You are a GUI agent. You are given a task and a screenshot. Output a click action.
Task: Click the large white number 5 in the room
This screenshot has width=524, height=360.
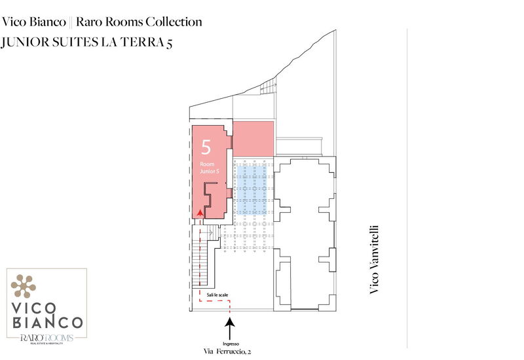206,146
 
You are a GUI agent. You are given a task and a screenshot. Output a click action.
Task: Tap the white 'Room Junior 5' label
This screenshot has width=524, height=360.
207,167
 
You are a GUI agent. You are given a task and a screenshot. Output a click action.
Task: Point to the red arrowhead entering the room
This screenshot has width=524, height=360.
199,212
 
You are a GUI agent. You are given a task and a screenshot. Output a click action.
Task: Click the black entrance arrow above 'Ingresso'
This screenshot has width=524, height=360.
229,327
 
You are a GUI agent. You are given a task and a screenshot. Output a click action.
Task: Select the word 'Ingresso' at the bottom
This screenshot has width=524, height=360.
229,343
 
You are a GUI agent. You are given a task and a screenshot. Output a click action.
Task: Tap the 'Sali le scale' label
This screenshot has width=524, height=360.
217,296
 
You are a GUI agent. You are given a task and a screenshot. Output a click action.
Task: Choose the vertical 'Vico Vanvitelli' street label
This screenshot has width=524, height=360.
375,260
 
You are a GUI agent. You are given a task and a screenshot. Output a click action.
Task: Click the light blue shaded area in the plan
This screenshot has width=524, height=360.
252,189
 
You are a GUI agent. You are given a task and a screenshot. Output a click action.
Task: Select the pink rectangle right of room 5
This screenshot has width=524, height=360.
253,138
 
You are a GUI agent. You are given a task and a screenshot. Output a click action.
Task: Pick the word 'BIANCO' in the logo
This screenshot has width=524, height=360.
47,323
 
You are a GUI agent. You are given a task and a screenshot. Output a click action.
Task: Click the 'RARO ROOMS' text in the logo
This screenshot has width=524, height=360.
46,337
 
